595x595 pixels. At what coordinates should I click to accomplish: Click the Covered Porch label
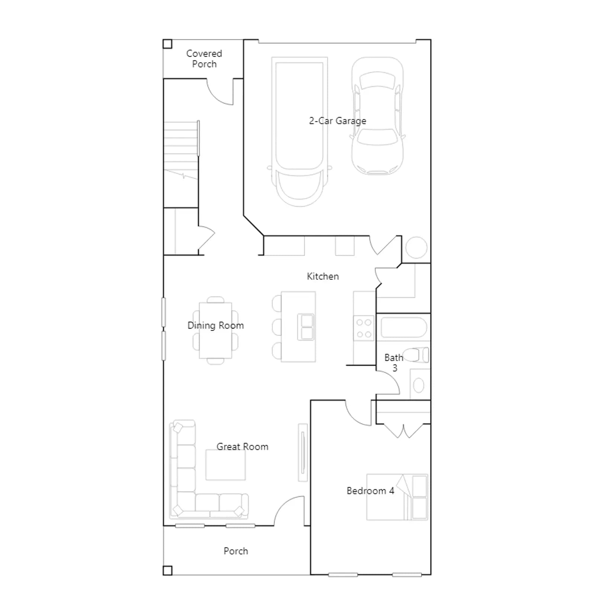[x=204, y=59]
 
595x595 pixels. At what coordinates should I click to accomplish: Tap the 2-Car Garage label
[x=338, y=121]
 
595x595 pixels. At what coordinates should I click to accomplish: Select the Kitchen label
[x=323, y=276]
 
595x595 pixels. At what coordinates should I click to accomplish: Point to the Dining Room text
[x=216, y=325]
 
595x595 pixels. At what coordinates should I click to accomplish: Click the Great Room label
[x=242, y=447]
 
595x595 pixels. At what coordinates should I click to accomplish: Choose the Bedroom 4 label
[x=370, y=491]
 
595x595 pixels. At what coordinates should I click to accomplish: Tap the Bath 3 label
[x=394, y=363]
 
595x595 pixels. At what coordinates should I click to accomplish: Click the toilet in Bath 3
[x=416, y=355]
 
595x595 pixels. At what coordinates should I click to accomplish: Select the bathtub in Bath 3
[x=403, y=327]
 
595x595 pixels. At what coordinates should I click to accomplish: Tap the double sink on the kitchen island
[x=306, y=327]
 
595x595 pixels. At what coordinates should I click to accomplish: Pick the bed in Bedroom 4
[x=397, y=497]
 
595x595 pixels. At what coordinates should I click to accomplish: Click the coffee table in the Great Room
[x=226, y=465]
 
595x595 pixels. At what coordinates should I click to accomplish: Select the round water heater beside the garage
[x=416, y=247]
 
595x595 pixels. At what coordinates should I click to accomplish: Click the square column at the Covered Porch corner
[x=167, y=44]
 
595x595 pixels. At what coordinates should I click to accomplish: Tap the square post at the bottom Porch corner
[x=167, y=570]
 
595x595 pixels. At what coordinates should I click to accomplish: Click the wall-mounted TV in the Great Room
[x=303, y=453]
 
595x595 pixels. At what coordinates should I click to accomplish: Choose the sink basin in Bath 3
[x=419, y=385]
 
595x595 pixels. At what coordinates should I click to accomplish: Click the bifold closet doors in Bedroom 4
[x=403, y=431]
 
